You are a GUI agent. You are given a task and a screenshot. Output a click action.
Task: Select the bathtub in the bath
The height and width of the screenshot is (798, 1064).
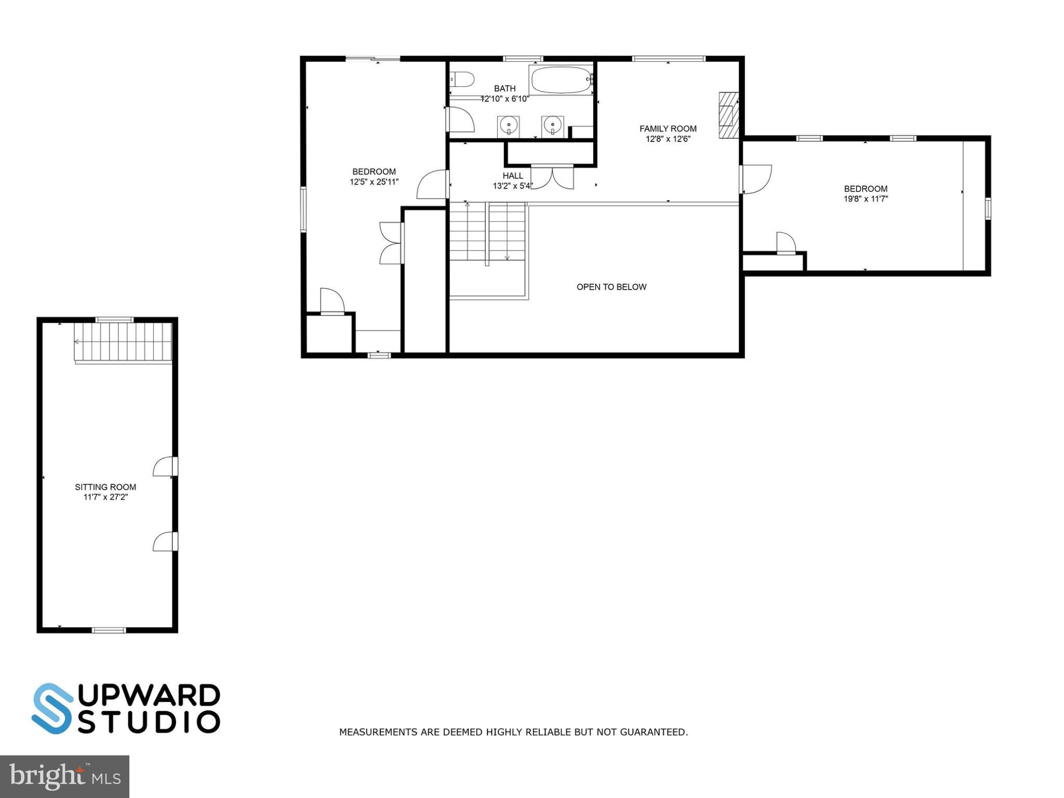coord(561,80)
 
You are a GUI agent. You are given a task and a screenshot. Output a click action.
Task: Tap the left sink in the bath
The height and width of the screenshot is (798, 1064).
coord(508,125)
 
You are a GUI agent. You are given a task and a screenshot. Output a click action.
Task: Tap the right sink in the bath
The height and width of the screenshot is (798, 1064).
coord(552,125)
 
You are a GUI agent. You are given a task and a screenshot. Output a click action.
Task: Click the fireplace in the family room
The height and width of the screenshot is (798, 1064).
coord(728,115)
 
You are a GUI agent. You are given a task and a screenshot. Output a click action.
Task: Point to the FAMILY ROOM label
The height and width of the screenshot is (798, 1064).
coord(668,128)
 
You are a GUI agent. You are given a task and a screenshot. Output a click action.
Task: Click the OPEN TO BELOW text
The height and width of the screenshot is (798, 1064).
coord(611,287)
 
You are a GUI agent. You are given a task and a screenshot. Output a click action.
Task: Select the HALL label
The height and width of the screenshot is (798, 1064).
coord(513,176)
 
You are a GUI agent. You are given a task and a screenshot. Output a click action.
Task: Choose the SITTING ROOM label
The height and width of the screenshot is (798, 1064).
coord(105,487)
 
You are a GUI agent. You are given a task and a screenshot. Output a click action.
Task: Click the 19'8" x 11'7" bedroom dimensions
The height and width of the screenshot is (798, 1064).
coord(866,199)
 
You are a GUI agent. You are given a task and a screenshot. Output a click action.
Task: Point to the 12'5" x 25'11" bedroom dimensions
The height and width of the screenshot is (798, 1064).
coord(374,182)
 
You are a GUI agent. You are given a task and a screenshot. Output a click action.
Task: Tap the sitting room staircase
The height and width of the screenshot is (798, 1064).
coord(123,342)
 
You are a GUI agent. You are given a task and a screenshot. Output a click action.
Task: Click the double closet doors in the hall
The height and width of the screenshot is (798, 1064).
coord(552,177)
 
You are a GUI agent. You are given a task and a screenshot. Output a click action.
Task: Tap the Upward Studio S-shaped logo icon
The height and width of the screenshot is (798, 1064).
coord(52,708)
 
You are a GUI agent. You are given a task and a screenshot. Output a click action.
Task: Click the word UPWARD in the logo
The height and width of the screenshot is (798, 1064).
coord(149,696)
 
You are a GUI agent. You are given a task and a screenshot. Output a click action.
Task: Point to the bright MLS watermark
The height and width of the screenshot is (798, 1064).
coord(64,777)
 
